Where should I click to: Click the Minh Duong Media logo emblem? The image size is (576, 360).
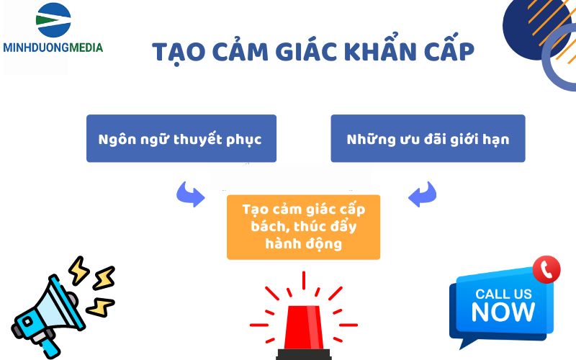[x=53, y=22]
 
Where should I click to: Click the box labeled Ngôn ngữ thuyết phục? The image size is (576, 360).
[x=181, y=138]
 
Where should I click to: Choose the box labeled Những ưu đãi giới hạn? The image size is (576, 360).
[x=428, y=138]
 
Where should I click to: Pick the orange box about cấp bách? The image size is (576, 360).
[x=303, y=227]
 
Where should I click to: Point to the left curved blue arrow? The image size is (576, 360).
[x=190, y=194]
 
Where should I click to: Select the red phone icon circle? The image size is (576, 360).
[x=546, y=269]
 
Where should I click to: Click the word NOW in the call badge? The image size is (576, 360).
[x=503, y=312]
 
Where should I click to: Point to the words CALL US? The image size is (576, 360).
[x=503, y=294]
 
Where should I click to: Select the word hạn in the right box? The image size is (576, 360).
[x=495, y=139]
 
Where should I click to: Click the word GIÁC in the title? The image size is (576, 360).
[x=297, y=52]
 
